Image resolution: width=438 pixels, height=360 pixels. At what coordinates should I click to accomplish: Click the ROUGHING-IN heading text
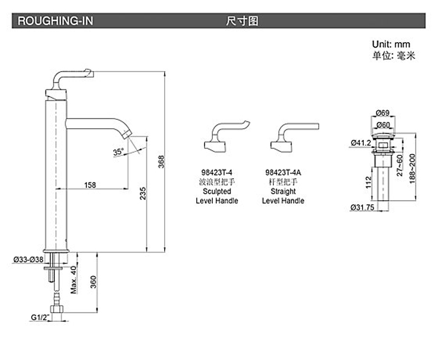(x=56, y=22)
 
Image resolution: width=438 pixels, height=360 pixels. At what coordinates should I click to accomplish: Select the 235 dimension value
(x=143, y=193)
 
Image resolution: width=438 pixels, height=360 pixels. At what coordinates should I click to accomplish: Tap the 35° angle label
(x=118, y=151)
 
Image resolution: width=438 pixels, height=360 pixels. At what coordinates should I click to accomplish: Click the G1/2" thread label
(x=40, y=317)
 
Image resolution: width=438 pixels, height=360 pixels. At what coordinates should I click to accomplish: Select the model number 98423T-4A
(x=283, y=173)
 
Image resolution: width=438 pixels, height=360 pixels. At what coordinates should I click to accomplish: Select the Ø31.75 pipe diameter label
(x=363, y=208)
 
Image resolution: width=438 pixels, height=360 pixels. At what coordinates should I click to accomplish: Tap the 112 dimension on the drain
(x=368, y=181)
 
